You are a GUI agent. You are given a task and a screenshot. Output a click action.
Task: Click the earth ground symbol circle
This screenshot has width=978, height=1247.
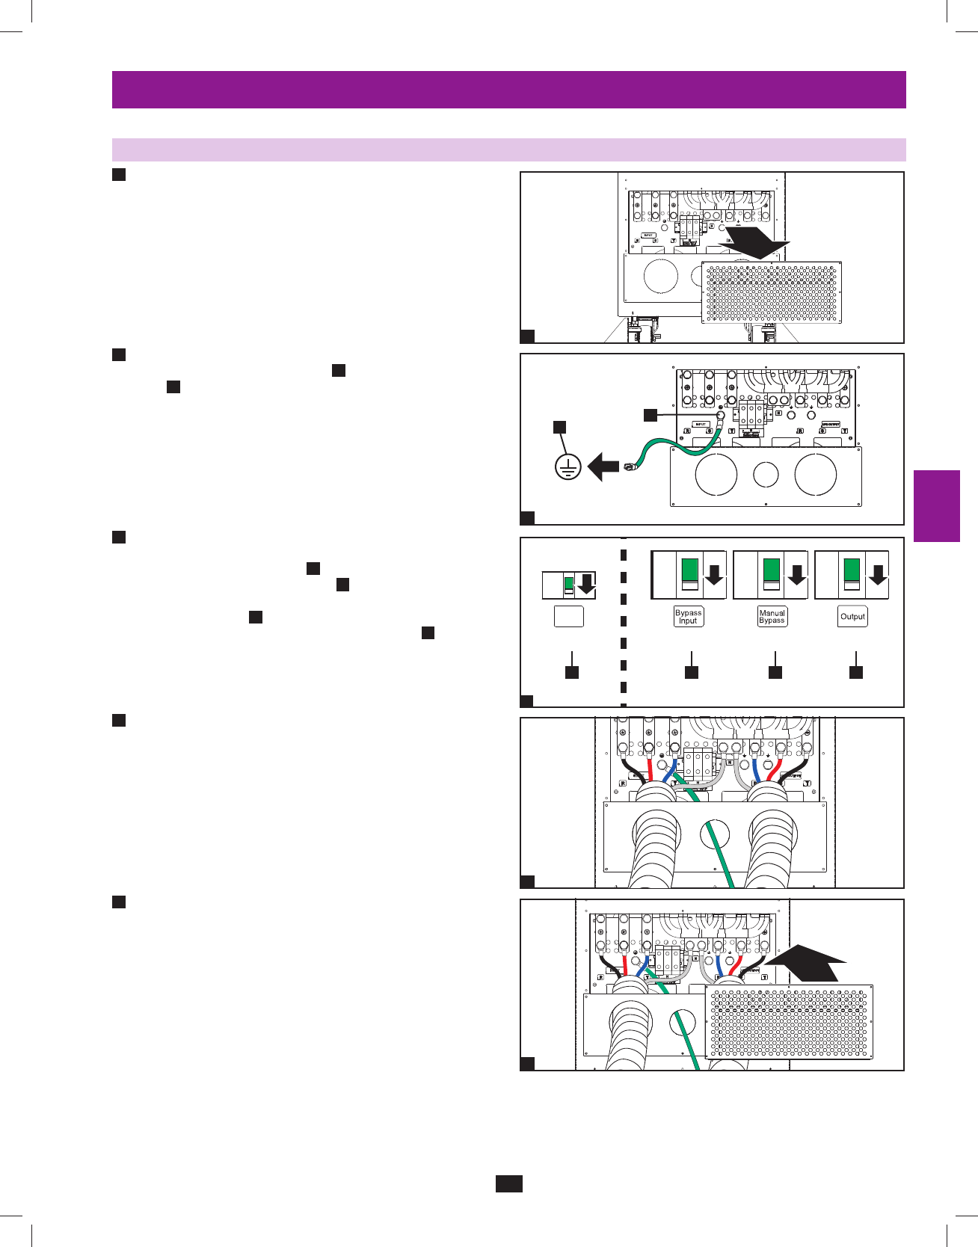(x=568, y=468)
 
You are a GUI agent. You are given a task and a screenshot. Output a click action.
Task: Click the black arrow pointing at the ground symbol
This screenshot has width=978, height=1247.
(x=603, y=469)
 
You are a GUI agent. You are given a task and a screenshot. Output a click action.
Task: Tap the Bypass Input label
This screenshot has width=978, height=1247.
(x=689, y=616)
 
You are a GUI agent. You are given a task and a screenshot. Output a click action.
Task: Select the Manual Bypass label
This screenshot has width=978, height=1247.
(x=772, y=616)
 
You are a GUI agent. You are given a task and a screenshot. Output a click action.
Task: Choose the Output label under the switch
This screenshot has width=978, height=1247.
(x=852, y=616)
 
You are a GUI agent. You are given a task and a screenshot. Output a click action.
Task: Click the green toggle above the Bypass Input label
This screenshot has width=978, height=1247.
(x=689, y=570)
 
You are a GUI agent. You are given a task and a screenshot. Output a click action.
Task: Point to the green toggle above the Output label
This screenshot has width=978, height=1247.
(x=852, y=570)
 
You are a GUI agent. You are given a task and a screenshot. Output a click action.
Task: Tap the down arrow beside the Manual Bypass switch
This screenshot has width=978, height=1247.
(x=797, y=575)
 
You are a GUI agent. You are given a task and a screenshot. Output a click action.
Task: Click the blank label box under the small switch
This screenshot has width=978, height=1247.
(x=568, y=616)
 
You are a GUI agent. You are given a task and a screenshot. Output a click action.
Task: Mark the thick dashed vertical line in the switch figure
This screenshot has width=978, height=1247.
(x=623, y=621)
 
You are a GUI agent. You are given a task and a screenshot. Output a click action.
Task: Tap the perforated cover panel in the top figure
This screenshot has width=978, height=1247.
(x=772, y=292)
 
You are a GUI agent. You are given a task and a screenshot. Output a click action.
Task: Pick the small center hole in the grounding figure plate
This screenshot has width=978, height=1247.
(x=766, y=474)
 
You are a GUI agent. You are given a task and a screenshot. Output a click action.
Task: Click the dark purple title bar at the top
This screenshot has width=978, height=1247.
(x=508, y=90)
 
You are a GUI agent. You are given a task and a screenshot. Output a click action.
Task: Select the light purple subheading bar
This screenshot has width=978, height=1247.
(x=508, y=150)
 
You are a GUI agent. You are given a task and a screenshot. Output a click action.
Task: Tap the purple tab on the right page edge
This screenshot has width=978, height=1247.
(x=936, y=505)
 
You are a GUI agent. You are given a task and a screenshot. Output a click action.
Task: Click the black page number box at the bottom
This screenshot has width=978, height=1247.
(x=508, y=1183)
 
